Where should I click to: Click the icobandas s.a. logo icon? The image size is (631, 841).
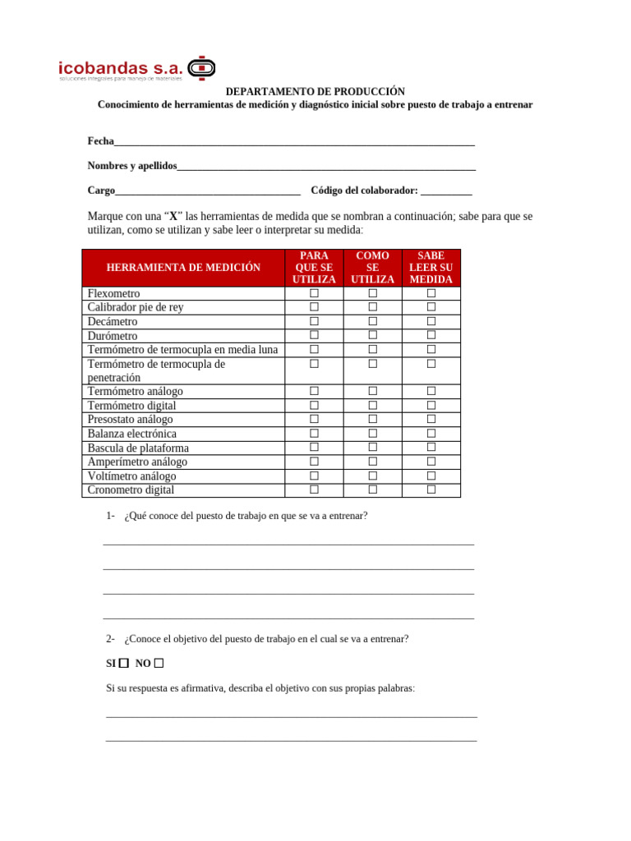click(x=201, y=67)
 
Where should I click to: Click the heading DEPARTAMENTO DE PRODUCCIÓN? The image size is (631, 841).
click(x=315, y=92)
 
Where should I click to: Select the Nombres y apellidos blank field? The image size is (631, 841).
click(x=326, y=166)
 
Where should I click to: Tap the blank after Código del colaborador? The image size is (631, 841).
click(x=446, y=191)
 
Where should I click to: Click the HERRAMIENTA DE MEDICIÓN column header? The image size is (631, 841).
click(x=183, y=268)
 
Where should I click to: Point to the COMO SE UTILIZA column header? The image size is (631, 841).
click(x=372, y=268)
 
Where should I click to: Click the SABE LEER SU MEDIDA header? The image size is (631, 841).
click(x=431, y=268)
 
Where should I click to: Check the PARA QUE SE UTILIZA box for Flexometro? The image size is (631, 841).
click(x=314, y=293)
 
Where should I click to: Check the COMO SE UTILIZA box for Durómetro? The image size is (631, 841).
click(x=372, y=335)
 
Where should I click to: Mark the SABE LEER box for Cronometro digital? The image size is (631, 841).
click(x=431, y=489)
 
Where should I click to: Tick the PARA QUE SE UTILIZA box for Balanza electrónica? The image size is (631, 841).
click(x=314, y=434)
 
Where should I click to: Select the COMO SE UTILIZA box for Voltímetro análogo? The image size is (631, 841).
click(x=372, y=476)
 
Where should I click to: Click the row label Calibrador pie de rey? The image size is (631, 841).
click(x=136, y=307)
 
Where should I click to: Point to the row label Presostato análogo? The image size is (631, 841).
click(x=130, y=420)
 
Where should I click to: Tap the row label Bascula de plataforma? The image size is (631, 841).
click(x=138, y=448)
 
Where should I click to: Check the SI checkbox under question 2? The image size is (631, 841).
click(x=124, y=663)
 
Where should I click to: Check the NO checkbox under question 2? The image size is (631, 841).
click(x=159, y=663)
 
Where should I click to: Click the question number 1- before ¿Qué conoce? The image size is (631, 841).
click(x=110, y=516)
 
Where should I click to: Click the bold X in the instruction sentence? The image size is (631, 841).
click(x=173, y=217)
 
